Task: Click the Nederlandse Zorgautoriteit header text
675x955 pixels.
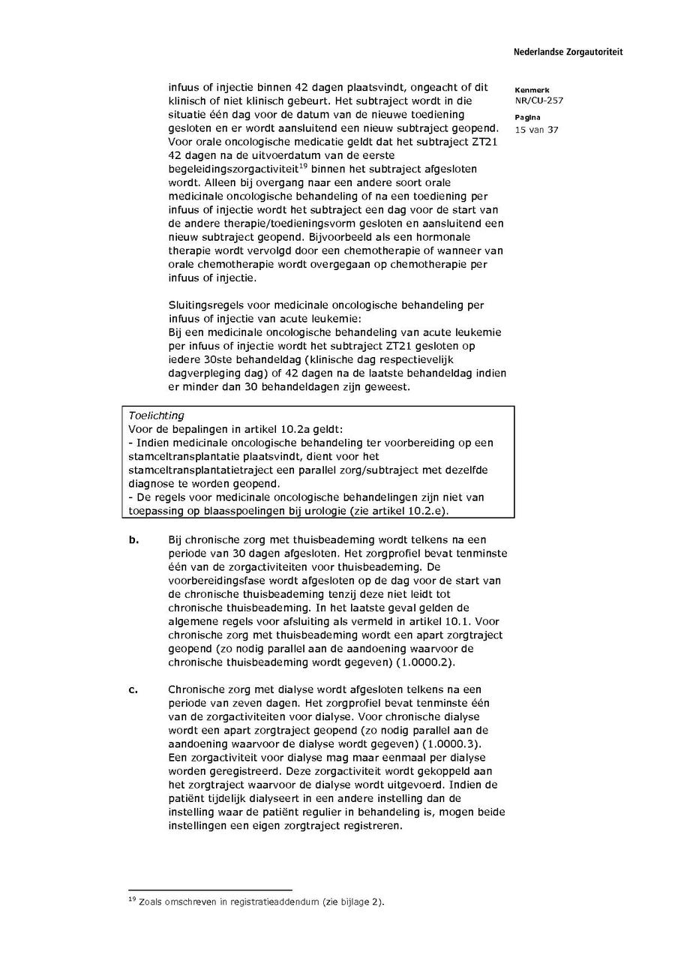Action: pyautogui.click(x=568, y=53)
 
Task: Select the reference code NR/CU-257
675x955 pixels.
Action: pyautogui.click(x=539, y=101)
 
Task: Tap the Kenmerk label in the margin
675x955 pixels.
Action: pyautogui.click(x=532, y=90)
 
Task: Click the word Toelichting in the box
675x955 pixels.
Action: pyautogui.click(x=156, y=416)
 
